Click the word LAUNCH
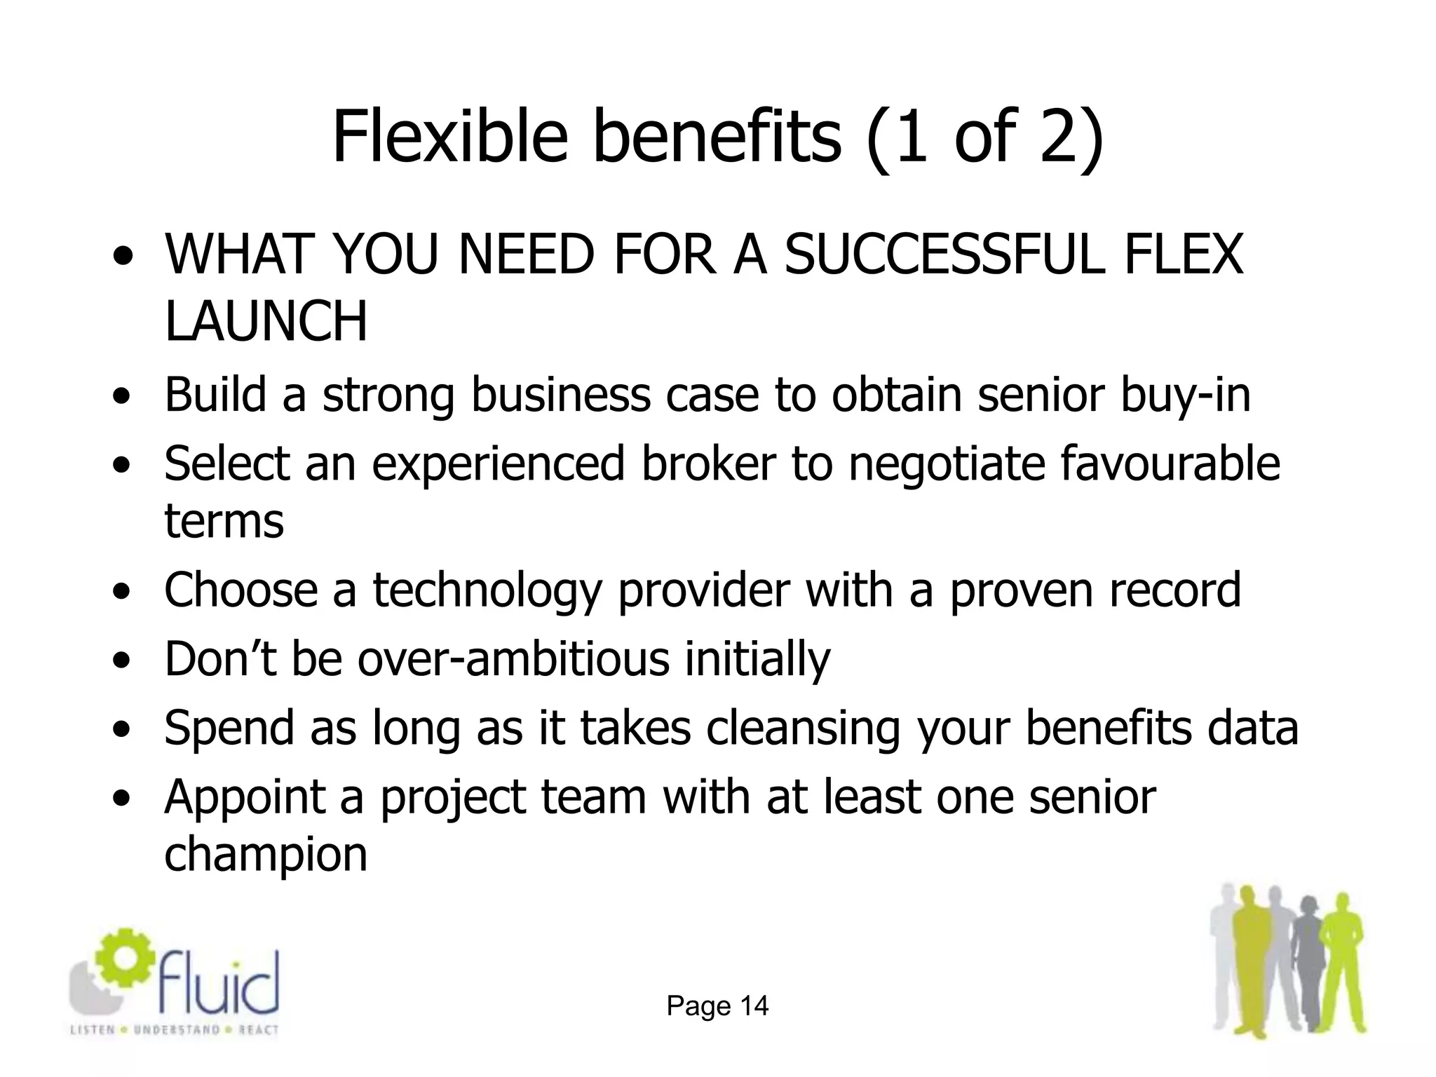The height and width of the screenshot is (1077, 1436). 266,321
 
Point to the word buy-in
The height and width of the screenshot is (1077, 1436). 1184,394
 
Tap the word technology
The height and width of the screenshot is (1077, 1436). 487,590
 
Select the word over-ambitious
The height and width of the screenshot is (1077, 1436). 513,658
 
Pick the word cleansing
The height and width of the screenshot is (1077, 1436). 803,727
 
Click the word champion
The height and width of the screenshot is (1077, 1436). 266,855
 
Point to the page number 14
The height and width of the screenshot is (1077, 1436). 754,1006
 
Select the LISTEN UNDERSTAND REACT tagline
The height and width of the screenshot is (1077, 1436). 175,1030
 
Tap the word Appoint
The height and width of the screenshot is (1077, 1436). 245,797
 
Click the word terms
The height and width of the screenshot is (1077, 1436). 224,521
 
